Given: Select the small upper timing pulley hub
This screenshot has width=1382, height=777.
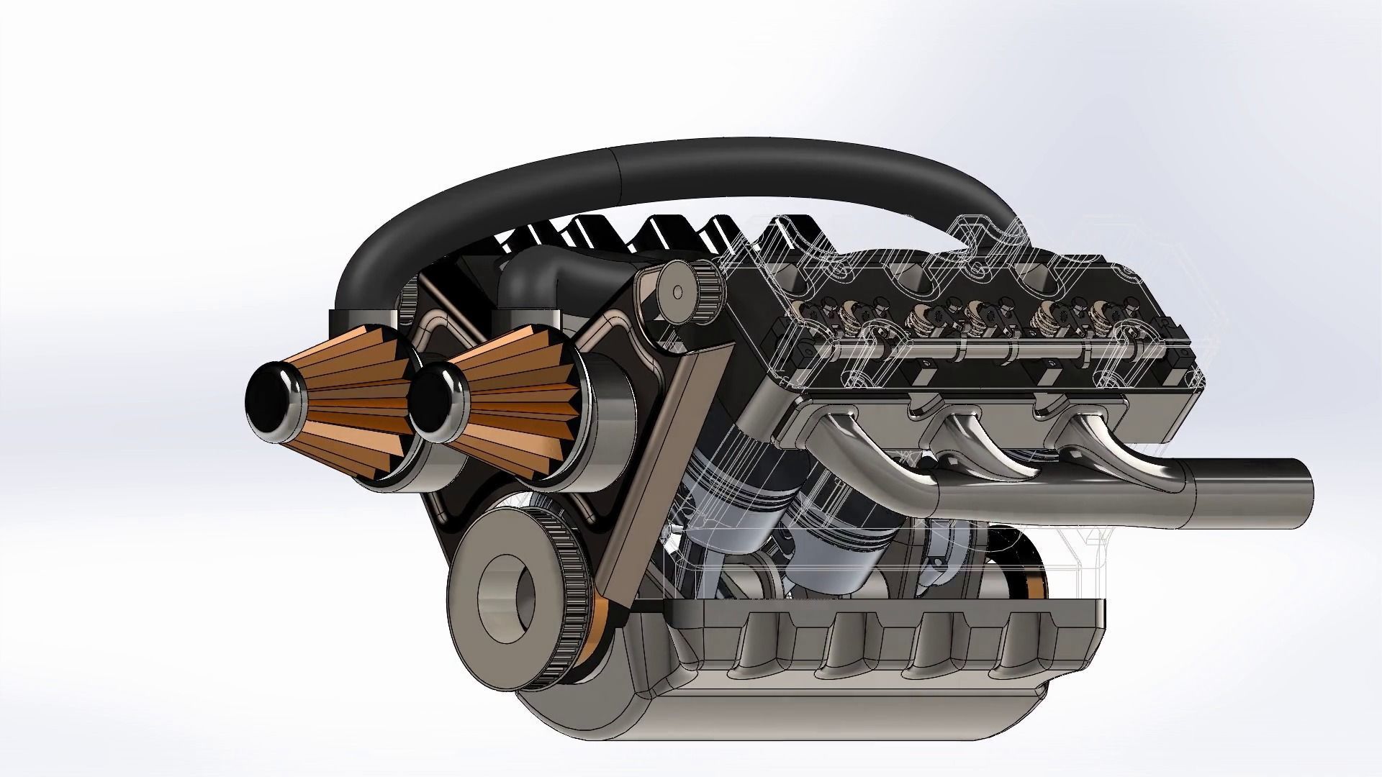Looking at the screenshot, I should (677, 291).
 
